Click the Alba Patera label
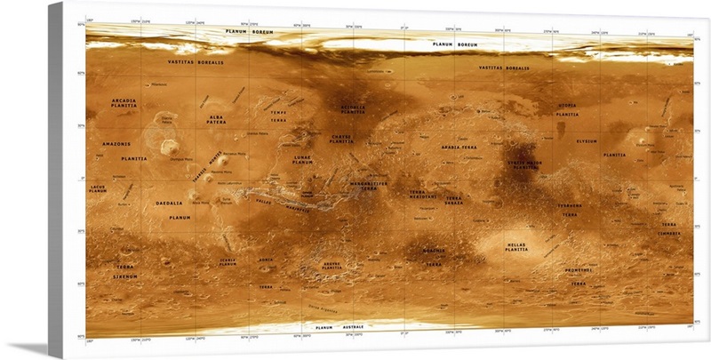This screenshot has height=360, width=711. [x=216, y=120]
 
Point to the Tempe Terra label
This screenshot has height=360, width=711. [x=279, y=116]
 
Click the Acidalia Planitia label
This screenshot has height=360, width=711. [x=353, y=110]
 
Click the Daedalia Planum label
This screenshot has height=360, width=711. [x=169, y=210]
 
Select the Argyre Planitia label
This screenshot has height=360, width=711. [x=331, y=265]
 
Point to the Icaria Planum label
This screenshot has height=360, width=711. [x=228, y=262]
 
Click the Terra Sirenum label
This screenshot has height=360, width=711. [x=125, y=271]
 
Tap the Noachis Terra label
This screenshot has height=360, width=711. [x=433, y=258]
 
